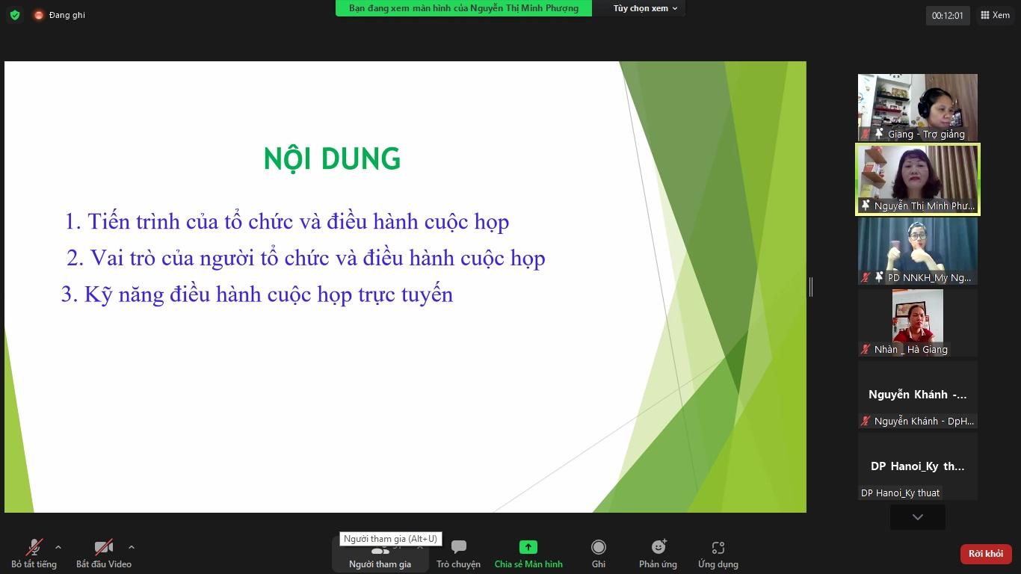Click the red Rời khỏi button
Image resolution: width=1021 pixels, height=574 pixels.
point(985,554)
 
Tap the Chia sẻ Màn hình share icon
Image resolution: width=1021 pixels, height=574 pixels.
point(528,546)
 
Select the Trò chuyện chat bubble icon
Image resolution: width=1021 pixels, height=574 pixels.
point(458,546)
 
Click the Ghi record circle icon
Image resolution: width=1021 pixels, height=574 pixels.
point(599,546)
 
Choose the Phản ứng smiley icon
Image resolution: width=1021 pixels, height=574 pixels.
point(658,546)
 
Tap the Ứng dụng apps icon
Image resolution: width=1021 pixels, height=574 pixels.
point(718,547)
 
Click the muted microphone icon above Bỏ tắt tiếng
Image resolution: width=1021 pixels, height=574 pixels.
point(34,546)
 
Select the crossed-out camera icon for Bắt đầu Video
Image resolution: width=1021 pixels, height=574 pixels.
point(103,546)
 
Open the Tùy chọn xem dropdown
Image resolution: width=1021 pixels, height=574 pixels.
point(645,8)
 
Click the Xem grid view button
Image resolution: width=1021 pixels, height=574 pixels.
point(995,15)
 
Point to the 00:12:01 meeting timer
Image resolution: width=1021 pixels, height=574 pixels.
point(947,16)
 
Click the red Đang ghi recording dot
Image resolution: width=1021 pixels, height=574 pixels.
point(39,15)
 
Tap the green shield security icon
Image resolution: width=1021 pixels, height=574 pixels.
point(15,15)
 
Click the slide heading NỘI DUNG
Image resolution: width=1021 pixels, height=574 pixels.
point(332,158)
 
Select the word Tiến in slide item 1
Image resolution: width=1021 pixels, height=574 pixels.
point(108,221)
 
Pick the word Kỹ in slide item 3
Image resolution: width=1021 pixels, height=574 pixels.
point(99,295)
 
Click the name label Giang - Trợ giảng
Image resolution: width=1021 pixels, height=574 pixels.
point(926,134)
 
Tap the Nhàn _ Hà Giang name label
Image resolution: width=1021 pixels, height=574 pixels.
point(910,349)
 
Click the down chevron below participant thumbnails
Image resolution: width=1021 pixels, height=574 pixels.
point(918,517)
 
